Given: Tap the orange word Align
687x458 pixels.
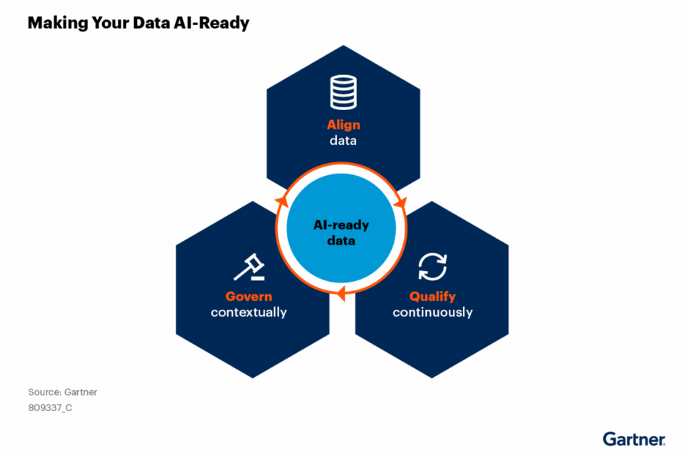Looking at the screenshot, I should (343, 125).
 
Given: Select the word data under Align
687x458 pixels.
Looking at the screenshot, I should (343, 141).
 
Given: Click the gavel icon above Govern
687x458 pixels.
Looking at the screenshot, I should (249, 267).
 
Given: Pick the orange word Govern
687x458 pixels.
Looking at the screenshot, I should (248, 296).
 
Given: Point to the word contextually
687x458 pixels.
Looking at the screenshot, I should (248, 312).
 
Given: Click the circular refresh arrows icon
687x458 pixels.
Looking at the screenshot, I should (433, 266).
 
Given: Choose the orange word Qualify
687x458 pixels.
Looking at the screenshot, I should (433, 296).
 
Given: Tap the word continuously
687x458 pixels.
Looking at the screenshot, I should (433, 312).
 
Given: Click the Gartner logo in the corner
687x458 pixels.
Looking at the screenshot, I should (633, 439).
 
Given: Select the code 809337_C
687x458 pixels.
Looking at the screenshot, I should (50, 408).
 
